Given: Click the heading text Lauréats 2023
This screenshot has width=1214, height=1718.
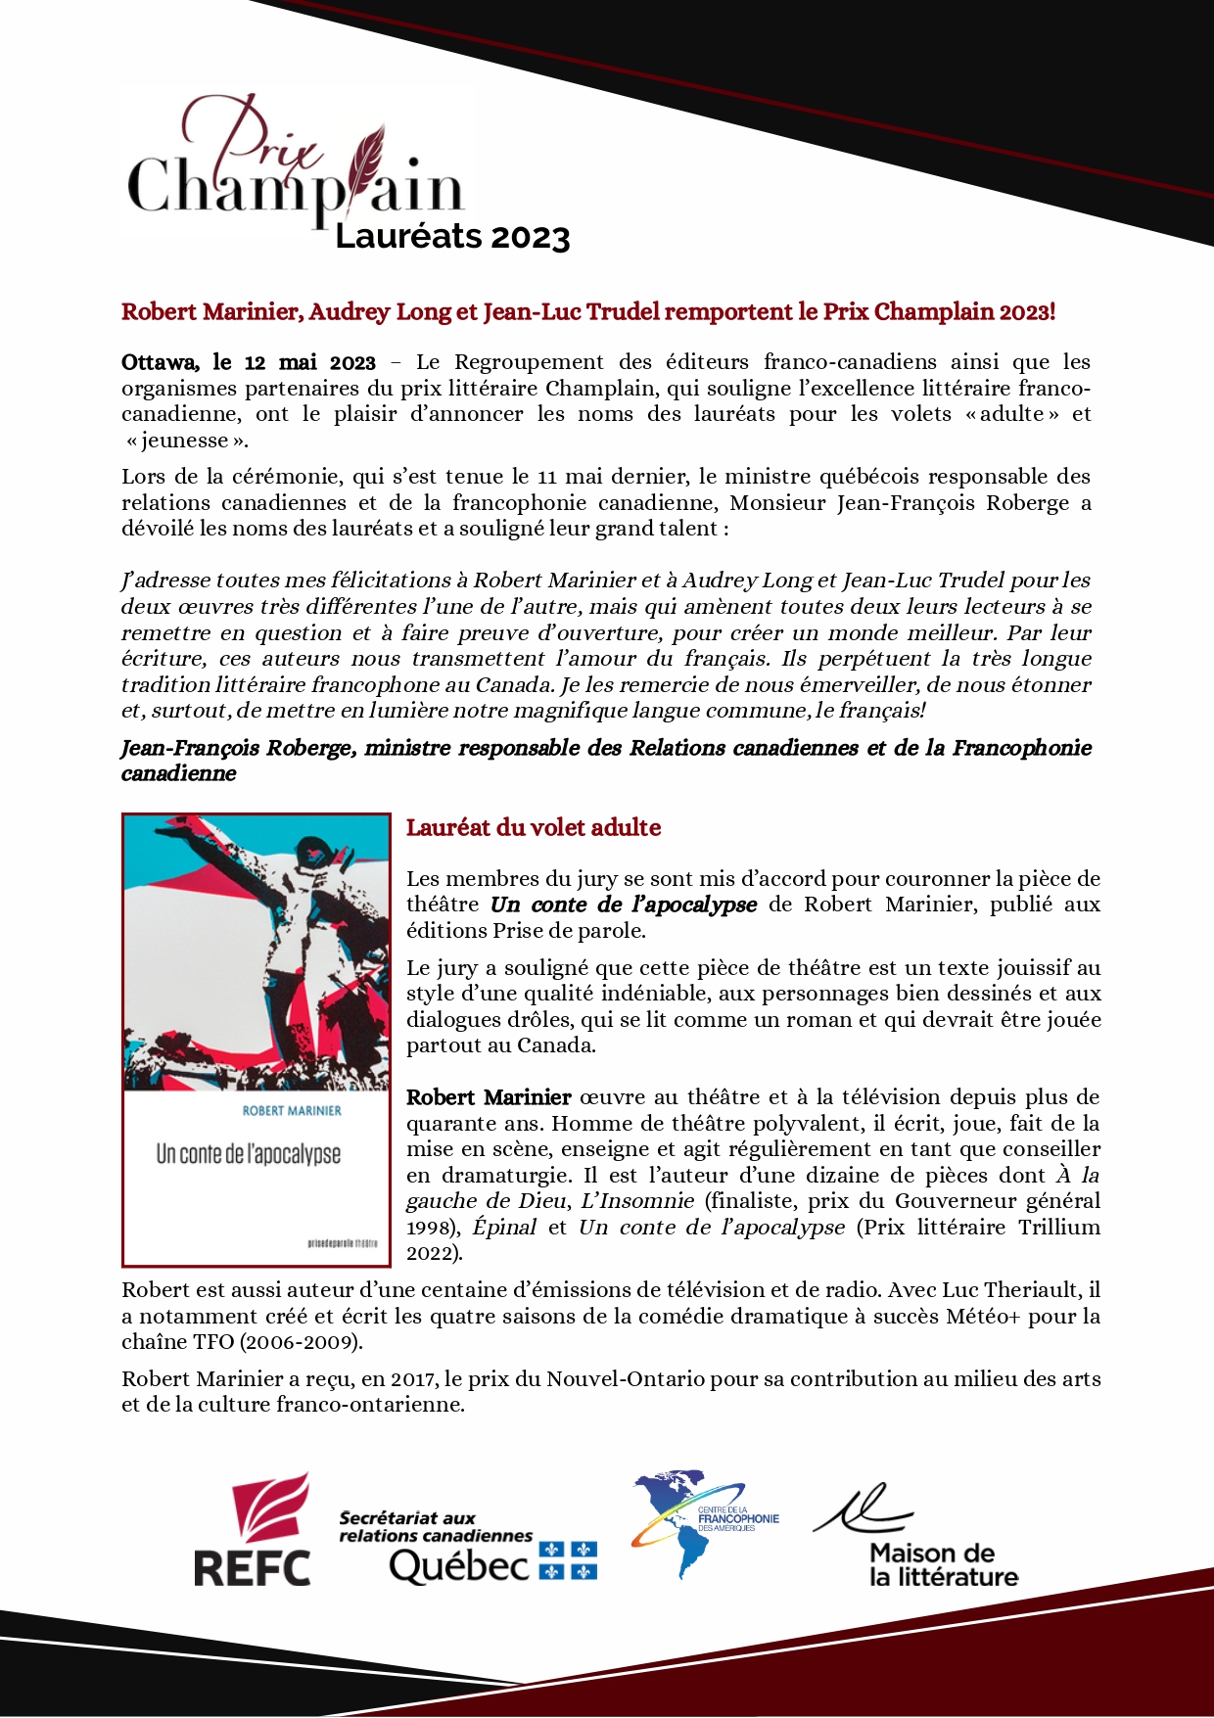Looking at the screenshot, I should [451, 237].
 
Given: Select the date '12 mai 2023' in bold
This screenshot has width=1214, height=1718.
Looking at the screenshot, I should [309, 363].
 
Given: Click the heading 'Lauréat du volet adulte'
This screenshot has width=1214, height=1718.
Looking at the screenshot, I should [534, 828].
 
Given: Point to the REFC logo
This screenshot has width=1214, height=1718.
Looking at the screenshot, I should [253, 1531].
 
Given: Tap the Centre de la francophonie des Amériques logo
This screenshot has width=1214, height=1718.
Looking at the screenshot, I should [706, 1524].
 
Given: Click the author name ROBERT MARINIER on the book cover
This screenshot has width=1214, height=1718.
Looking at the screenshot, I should [292, 1111].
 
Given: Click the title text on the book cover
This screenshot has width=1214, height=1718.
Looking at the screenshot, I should [249, 1154].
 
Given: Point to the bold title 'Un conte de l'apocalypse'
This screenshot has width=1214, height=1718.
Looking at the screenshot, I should [624, 905].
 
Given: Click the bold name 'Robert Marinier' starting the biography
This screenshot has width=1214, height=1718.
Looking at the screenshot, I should [489, 1097].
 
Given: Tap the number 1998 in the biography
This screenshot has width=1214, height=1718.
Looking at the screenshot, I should [429, 1229].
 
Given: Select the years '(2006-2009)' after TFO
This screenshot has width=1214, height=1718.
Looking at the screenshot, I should [302, 1342].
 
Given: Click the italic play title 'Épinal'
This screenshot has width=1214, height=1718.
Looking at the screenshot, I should [504, 1228].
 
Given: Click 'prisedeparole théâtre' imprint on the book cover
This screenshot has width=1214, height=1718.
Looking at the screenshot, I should [342, 1243].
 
